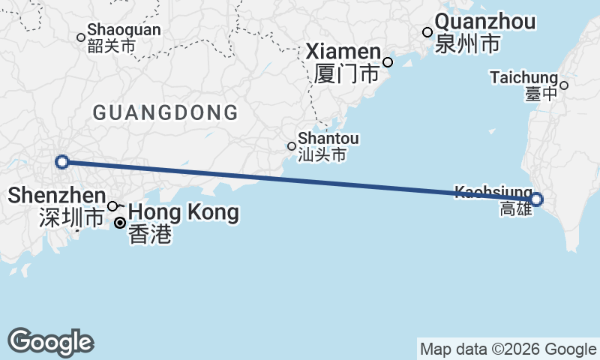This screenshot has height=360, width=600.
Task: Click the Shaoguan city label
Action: tap(124, 30)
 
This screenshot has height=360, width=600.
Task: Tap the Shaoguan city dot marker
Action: tap(81, 37)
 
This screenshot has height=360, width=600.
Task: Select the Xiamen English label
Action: tap(344, 52)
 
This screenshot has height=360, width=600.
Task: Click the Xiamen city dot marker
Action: tap(388, 62)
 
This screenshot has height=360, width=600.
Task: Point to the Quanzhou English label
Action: tap(485, 22)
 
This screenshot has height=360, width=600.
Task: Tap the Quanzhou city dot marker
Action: tap(427, 32)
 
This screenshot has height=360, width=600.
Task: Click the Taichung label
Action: tap(523, 77)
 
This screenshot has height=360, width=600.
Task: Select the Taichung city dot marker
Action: tap(564, 85)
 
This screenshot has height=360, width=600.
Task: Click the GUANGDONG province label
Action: tap(165, 113)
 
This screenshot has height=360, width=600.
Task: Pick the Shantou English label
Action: tap(328, 139)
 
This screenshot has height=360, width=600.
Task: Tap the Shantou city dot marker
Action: tap(292, 146)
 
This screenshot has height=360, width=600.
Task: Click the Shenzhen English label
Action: tap(57, 196)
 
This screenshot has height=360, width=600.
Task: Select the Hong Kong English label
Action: tap(184, 212)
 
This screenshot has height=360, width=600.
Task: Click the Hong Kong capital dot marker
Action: tap(119, 223)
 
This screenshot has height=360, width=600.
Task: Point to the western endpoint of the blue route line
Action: tap(63, 161)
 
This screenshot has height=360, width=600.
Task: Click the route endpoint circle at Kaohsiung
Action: tap(536, 199)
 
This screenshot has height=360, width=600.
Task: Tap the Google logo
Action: tap(50, 342)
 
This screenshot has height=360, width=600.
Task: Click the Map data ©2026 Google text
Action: tap(508, 349)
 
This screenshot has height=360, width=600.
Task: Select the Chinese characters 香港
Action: tap(150, 235)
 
